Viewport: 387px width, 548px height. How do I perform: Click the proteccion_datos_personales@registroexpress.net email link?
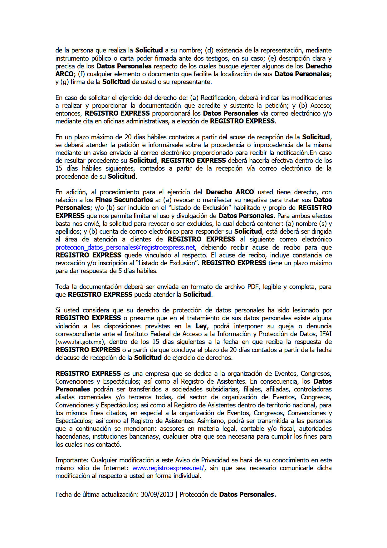[x=125, y=247]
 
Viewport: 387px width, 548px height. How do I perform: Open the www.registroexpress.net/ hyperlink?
[x=169, y=468]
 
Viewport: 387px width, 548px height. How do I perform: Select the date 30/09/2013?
[x=157, y=495]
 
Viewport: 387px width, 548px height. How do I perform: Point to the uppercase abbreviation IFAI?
[x=326, y=334]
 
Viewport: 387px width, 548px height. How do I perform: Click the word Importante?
[x=72, y=460]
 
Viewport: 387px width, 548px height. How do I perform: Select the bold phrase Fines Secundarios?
[x=124, y=200]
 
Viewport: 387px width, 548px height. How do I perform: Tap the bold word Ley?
[x=201, y=326]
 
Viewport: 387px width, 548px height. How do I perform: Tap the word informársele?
[x=170, y=145]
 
